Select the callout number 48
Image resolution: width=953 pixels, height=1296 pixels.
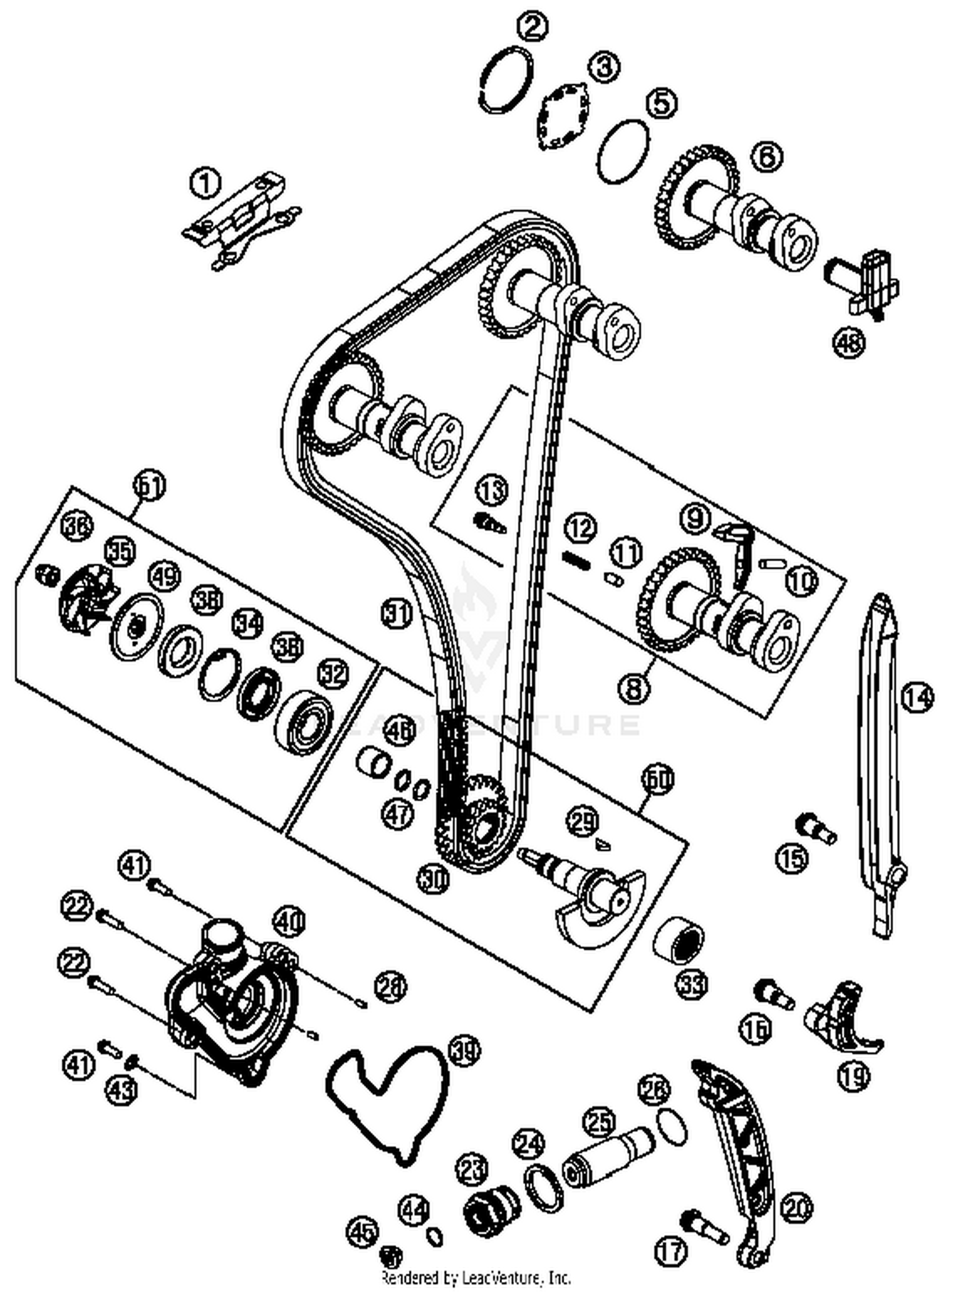pyautogui.click(x=850, y=343)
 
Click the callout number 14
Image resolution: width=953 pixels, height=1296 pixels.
pyautogui.click(x=917, y=698)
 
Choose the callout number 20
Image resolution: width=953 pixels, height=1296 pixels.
pyautogui.click(x=797, y=1208)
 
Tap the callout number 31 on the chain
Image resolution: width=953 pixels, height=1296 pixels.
pyautogui.click(x=397, y=615)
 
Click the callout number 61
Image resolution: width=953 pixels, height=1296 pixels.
pyautogui.click(x=150, y=486)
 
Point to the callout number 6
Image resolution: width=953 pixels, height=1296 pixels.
pyautogui.click(x=767, y=156)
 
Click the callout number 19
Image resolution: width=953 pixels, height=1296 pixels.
pyautogui.click(x=853, y=1075)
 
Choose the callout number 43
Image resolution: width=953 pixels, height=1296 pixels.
pyautogui.click(x=121, y=1090)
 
